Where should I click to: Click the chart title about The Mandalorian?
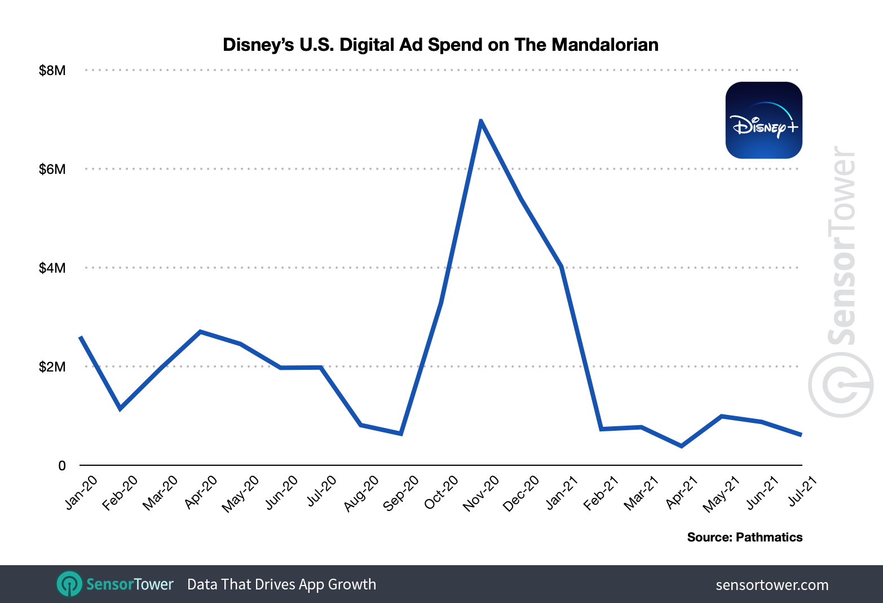(x=440, y=45)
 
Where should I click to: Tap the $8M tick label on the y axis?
(x=52, y=71)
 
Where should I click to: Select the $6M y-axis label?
(x=52, y=169)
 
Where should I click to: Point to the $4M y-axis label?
(x=52, y=268)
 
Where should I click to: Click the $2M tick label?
(x=52, y=367)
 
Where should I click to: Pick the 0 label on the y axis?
(x=62, y=466)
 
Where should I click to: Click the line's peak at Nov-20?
(x=480, y=121)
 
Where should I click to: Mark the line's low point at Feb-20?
(x=120, y=408)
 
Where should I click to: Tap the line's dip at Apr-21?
(x=681, y=446)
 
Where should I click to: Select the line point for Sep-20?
(x=400, y=434)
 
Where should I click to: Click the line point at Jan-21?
(x=561, y=266)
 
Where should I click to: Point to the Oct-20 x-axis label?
(x=441, y=492)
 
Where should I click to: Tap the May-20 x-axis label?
(x=241, y=493)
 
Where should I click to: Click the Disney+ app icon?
(x=763, y=120)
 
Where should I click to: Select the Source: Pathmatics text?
(x=744, y=538)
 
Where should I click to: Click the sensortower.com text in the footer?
(x=772, y=585)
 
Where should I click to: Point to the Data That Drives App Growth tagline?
(x=281, y=584)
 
